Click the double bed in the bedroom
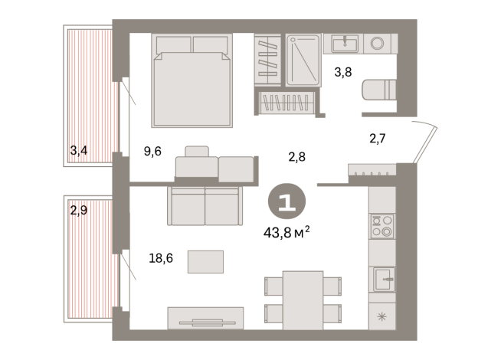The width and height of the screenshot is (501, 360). [x=192, y=80]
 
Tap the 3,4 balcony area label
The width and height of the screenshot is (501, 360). [x=78, y=151]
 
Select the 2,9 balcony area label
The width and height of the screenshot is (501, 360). [x=78, y=210]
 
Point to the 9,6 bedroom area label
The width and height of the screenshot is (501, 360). [x=152, y=151]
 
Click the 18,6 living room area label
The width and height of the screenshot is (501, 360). [x=161, y=259]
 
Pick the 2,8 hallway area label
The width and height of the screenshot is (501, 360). [x=297, y=157]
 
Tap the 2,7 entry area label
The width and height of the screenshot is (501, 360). [x=378, y=139]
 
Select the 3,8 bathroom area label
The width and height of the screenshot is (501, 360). [x=343, y=74]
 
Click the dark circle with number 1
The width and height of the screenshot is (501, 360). [x=287, y=202]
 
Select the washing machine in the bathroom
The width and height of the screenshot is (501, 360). [x=378, y=44]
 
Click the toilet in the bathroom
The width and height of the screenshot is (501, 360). [x=378, y=90]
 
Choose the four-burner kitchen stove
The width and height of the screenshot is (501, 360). [x=381, y=227]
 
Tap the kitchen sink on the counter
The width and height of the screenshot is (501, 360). [x=382, y=278]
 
